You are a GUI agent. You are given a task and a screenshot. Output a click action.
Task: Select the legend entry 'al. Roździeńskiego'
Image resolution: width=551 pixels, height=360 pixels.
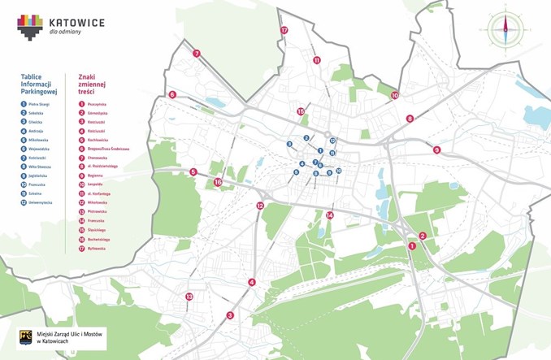click(x=102, y=167)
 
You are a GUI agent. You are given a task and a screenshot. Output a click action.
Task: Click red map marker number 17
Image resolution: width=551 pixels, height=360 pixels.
click(x=284, y=30)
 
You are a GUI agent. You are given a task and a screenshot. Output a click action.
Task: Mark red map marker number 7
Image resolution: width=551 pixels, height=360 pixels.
click(x=197, y=54)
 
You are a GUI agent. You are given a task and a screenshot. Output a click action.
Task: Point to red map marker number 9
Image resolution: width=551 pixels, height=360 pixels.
click(x=436, y=150)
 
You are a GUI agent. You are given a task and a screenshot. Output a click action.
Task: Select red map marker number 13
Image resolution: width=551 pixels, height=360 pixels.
click(x=189, y=297)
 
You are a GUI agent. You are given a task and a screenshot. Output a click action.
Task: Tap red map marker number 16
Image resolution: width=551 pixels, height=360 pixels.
click(x=218, y=183)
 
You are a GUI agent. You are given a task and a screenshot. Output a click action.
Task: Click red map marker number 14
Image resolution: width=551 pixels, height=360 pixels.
click(x=329, y=215)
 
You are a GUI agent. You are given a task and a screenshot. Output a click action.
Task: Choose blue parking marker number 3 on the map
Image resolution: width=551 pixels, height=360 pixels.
click(x=289, y=145)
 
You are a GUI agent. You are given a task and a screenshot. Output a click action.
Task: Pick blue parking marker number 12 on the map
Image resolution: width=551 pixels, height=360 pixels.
click(x=333, y=141)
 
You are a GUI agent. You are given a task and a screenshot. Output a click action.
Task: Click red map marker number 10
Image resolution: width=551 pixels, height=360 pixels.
click(x=395, y=95)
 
